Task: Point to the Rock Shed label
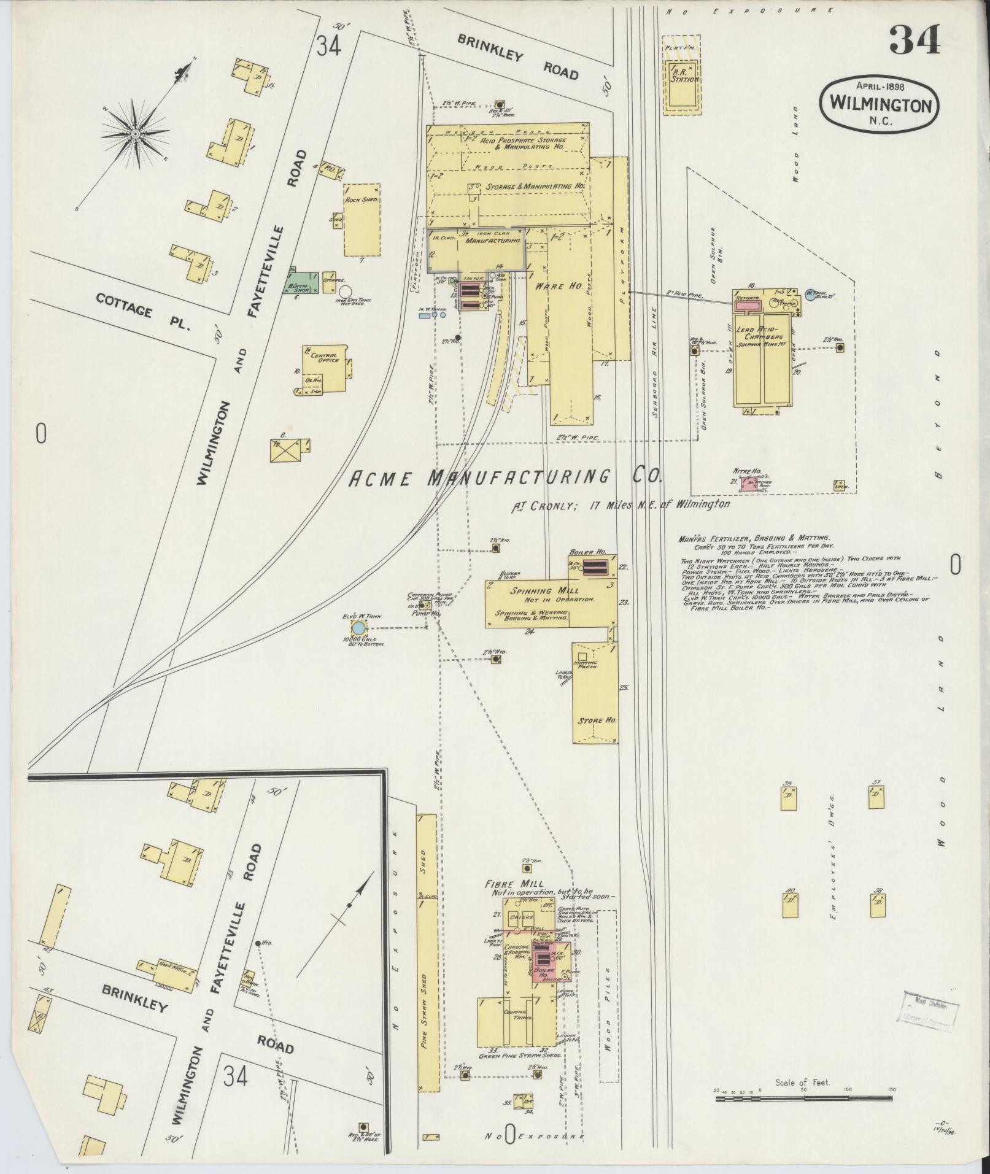(x=360, y=200)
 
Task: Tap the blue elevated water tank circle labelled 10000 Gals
(x=358, y=628)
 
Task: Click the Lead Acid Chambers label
(x=763, y=333)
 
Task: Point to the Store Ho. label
(x=596, y=720)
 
